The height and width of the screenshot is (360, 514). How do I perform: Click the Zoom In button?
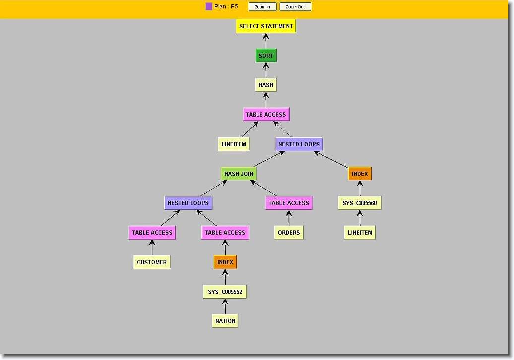click(262, 7)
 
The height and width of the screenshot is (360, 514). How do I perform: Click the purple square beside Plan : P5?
click(209, 7)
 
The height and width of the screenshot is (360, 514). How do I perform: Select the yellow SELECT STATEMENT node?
click(266, 26)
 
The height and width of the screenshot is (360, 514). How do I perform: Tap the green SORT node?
click(266, 56)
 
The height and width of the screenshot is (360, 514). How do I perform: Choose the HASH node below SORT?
click(266, 85)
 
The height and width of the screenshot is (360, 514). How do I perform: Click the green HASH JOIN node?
click(239, 174)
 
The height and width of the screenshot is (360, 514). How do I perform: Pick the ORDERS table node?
click(289, 232)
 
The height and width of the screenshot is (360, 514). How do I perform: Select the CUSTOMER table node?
click(152, 262)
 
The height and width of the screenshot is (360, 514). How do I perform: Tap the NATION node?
click(225, 321)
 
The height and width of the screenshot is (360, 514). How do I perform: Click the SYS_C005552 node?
click(225, 292)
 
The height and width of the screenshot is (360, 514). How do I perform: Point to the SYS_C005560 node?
click(360, 203)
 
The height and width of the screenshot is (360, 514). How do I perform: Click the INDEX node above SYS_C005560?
click(360, 174)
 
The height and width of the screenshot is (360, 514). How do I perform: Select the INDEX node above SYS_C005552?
click(225, 262)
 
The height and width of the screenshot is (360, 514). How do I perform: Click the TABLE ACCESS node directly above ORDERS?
click(289, 203)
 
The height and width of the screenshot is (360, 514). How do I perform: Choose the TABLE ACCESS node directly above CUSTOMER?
click(152, 232)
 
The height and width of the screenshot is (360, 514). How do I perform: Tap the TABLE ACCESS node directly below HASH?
click(266, 115)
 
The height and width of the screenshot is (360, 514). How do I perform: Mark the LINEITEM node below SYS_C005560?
click(360, 232)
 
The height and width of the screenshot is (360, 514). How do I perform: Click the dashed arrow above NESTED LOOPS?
click(283, 129)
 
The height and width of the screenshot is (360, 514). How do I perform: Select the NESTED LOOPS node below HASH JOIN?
click(189, 203)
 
